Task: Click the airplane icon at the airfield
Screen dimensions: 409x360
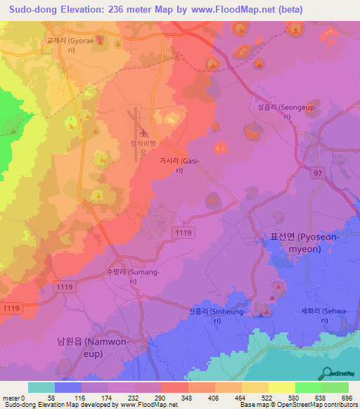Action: click(x=144, y=132)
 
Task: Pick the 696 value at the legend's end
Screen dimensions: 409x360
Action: click(x=347, y=398)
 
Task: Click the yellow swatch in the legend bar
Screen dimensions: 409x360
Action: click(x=282, y=387)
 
